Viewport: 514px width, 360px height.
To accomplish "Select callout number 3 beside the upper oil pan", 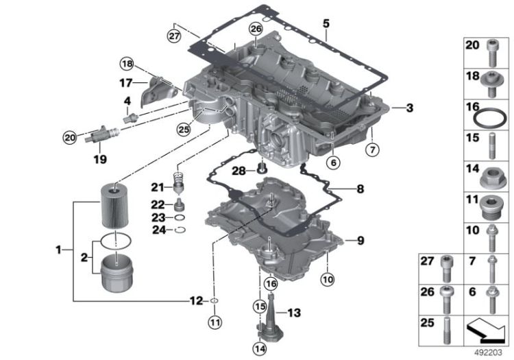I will (409, 108).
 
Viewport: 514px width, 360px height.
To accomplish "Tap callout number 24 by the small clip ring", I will (158, 230).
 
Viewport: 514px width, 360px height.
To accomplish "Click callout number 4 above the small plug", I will (127, 101).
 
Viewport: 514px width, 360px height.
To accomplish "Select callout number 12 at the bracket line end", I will (197, 300).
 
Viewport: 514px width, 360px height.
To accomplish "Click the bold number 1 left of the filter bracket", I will (59, 251).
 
